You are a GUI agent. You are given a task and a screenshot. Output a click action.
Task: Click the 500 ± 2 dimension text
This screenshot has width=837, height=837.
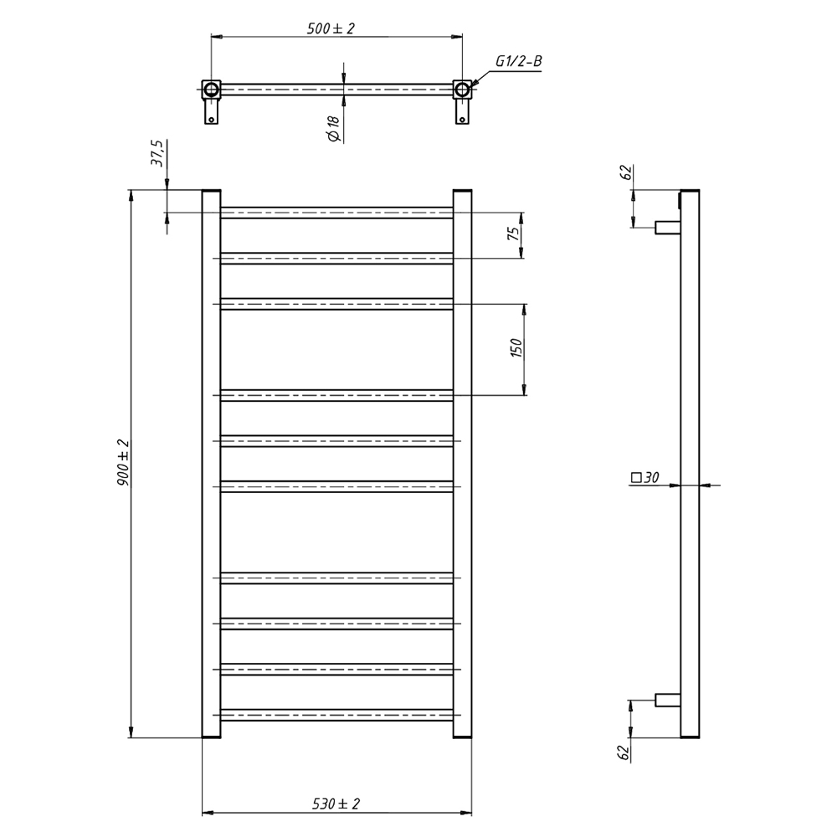click(x=331, y=28)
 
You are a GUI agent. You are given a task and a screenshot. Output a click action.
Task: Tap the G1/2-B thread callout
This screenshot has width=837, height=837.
click(x=518, y=61)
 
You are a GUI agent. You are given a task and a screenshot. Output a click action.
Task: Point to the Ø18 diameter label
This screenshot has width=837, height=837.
click(x=334, y=129)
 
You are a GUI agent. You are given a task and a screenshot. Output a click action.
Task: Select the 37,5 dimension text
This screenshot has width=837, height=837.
click(x=158, y=154)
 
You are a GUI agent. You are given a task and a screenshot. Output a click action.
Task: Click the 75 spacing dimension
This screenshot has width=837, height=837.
click(x=513, y=234)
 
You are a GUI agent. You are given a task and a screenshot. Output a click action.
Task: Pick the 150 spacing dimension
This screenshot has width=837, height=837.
click(x=516, y=348)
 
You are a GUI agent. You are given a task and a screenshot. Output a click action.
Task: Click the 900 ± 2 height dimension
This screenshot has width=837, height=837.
click(x=123, y=462)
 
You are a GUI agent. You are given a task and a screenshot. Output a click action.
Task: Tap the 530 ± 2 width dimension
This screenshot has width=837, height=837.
click(x=336, y=804)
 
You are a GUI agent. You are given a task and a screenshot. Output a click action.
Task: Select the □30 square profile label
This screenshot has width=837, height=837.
click(x=644, y=477)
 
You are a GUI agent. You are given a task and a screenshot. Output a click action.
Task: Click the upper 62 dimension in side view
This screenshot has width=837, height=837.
click(x=626, y=172)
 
